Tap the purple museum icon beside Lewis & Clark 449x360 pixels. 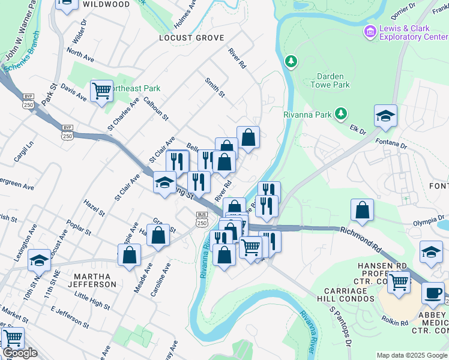tap(370, 31)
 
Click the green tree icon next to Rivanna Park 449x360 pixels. tap(341, 113)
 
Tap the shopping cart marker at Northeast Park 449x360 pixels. tap(101, 92)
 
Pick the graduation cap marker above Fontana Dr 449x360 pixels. tap(385, 116)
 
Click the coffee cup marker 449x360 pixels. tap(433, 293)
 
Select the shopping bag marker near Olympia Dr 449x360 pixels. tap(362, 211)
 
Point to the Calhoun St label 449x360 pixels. tap(156, 109)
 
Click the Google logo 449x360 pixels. tap(20, 353)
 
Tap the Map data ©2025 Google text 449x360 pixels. tap(411, 355)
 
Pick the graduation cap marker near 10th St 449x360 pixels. tap(40, 260)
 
